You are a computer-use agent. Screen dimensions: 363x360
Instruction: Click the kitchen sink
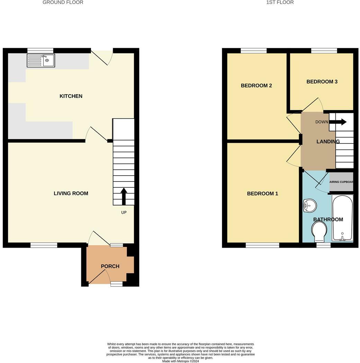click(41, 61)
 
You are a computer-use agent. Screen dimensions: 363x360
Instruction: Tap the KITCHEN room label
click(71, 96)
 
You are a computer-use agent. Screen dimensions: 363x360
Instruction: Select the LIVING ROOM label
click(71, 193)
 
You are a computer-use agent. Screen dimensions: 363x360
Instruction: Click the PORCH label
click(110, 266)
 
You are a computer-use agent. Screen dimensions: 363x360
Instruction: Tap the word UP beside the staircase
click(124, 212)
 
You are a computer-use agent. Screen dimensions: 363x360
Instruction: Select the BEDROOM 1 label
click(262, 194)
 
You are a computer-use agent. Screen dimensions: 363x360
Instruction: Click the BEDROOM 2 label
click(256, 86)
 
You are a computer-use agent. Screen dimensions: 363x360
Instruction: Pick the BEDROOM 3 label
click(322, 82)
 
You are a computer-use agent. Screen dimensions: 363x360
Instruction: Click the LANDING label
click(328, 141)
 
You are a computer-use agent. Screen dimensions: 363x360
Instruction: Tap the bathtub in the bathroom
click(342, 218)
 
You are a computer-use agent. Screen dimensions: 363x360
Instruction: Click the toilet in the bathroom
click(319, 231)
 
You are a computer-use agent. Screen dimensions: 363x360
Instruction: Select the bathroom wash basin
click(309, 206)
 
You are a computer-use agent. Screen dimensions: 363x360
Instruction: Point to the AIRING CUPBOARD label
click(341, 182)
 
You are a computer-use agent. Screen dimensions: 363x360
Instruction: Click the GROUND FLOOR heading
click(63, 2)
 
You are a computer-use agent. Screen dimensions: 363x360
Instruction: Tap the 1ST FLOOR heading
click(280, 2)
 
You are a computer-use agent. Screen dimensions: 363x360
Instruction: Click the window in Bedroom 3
click(324, 51)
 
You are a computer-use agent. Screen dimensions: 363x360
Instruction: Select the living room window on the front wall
click(44, 245)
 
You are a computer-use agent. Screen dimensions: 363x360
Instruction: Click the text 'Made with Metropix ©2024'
click(180, 361)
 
